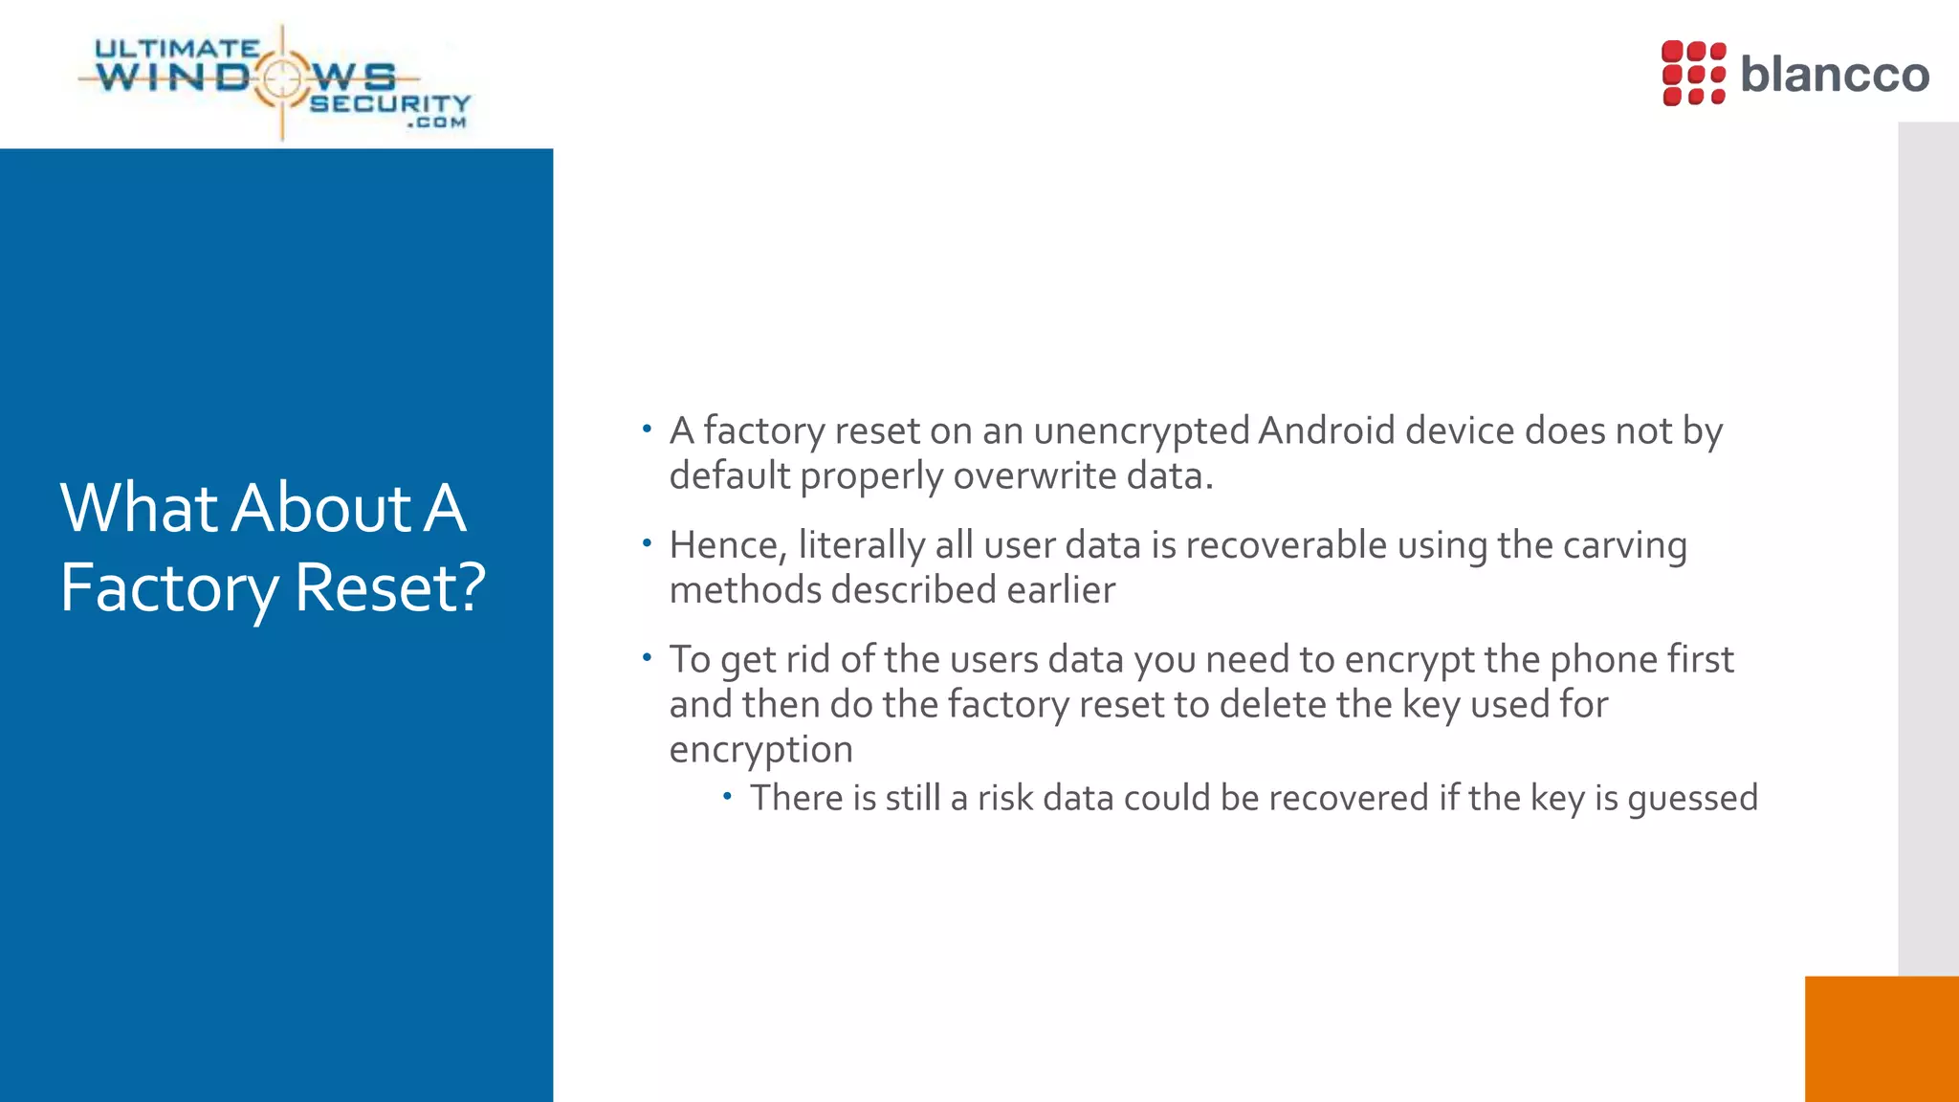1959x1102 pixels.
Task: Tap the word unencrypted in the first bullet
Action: (x=1141, y=432)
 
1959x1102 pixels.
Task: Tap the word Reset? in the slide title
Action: (x=390, y=587)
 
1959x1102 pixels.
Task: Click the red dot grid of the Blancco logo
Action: (x=1693, y=73)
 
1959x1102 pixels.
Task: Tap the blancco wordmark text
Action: (x=1834, y=75)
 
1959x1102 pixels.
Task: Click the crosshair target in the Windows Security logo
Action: (x=282, y=78)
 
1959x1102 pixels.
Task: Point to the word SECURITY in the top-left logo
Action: (x=389, y=103)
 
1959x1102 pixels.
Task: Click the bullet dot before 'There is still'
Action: (x=727, y=796)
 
